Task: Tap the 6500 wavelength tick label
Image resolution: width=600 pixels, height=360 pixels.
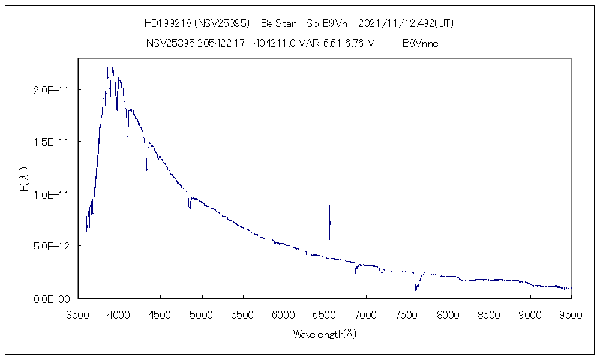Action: (x=325, y=314)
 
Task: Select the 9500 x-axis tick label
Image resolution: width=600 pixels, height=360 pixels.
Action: (x=571, y=314)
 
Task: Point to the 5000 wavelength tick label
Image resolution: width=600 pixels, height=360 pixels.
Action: (x=202, y=314)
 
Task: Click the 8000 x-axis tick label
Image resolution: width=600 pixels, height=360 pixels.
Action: (x=448, y=314)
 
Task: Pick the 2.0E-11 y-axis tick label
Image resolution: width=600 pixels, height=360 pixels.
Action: (x=53, y=90)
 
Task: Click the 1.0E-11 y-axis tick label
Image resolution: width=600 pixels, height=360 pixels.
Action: (x=53, y=194)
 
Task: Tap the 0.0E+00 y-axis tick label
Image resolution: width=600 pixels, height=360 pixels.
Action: (x=53, y=299)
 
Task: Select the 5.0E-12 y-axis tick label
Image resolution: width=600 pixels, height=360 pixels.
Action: (x=53, y=247)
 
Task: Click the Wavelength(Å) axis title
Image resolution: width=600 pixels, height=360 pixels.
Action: (x=325, y=334)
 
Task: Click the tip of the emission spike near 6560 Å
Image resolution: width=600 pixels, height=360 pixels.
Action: (x=329, y=206)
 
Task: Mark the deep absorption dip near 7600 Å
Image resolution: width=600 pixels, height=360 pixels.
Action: (x=415, y=290)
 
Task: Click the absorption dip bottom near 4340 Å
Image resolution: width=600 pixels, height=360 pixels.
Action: (x=147, y=170)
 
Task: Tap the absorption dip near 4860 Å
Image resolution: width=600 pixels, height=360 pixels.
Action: (x=190, y=208)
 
